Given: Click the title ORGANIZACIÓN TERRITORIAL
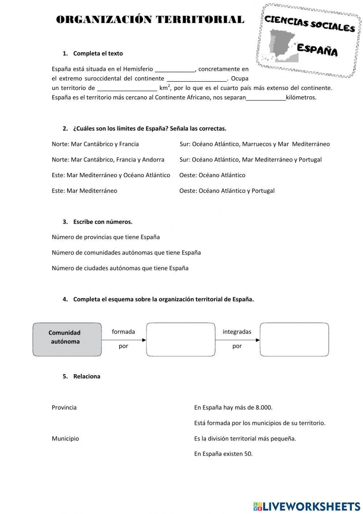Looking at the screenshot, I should pos(150,20).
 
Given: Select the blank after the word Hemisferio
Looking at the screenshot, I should pos(175,69).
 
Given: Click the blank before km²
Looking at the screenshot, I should pos(127,88).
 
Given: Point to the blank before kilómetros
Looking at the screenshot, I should pos(266,97).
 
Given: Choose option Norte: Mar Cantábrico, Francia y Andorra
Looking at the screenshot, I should pos(108,160).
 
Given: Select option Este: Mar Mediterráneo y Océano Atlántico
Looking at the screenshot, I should pos(111,175).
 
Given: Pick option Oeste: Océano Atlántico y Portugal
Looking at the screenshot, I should pos(227,191).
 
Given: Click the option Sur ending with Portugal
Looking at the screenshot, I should pos(250,160).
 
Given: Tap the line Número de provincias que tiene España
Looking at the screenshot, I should pos(106,237).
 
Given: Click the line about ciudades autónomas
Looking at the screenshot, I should pos(120,268).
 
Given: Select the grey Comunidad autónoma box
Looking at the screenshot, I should pos(67,340).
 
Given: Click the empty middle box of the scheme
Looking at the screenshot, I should pos(181,340).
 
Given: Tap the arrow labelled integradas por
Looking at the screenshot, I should pos(237,340).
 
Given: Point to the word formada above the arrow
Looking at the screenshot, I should pos(123,332).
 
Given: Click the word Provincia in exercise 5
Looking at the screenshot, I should pos(64,408).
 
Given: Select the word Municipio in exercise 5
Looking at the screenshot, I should pos(65,439).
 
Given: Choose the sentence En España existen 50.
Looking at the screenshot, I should pos(223,454).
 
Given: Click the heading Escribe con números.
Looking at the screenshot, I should pos(103,222).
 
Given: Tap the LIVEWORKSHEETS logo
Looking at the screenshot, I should pos(307,506).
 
